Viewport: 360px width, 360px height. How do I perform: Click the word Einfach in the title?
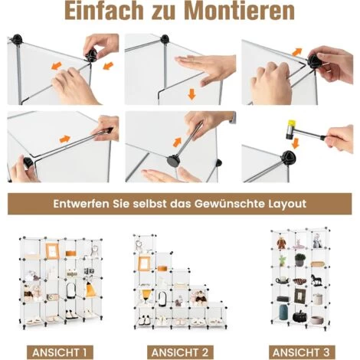[x=104, y=11]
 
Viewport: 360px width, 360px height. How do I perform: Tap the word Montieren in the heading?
[x=241, y=11]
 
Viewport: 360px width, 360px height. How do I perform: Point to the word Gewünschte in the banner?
[x=230, y=204]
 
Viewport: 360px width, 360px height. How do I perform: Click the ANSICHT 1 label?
[x=60, y=352]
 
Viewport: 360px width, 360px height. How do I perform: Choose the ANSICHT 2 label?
[x=180, y=352]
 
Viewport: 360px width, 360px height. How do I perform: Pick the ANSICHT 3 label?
[x=301, y=352]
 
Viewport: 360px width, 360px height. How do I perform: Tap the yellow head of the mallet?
[x=291, y=124]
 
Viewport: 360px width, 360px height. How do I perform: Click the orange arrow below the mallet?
[x=296, y=143]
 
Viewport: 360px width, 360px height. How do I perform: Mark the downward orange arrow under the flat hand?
[x=191, y=94]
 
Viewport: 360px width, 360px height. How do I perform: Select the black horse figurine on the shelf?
[x=316, y=280]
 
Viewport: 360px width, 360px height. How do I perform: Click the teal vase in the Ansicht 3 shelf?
[x=284, y=312]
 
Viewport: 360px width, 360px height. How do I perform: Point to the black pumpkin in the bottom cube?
[x=299, y=316]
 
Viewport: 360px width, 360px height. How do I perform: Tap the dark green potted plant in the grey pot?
[x=299, y=260]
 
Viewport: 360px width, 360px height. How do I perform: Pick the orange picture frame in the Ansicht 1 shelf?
[x=52, y=251]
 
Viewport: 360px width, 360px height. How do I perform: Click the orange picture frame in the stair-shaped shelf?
[x=144, y=263]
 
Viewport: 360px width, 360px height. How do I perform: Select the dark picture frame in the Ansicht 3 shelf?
[x=299, y=296]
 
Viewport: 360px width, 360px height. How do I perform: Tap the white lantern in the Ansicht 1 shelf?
[x=70, y=290]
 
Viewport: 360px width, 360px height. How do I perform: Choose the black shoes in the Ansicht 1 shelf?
[x=71, y=315]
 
